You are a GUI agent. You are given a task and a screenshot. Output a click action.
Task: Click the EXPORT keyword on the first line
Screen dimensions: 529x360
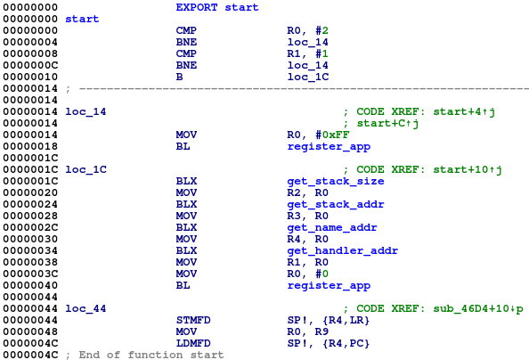click(x=197, y=7)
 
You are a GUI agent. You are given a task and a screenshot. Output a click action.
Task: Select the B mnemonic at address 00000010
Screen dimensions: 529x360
click(x=180, y=77)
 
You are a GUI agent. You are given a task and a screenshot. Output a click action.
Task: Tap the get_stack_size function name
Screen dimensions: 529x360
click(x=336, y=182)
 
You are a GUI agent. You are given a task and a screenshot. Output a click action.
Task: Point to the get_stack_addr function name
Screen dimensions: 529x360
click(x=336, y=204)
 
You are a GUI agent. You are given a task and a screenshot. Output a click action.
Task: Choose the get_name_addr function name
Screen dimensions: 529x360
click(x=332, y=227)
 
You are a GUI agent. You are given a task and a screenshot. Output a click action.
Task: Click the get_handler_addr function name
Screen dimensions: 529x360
click(x=343, y=251)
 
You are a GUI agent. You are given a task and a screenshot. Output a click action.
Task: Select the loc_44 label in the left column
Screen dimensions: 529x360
click(x=85, y=308)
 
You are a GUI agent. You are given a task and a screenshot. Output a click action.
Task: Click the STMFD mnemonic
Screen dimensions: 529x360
click(x=193, y=320)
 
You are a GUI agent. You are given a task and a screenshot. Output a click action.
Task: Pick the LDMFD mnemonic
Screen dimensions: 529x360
click(x=193, y=343)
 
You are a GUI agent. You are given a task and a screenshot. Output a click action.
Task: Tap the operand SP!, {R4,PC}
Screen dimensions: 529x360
click(x=329, y=343)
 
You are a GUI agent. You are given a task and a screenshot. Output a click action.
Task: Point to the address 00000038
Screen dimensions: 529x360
click(x=30, y=262)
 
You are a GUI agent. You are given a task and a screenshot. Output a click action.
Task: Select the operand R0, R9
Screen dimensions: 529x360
click(x=307, y=332)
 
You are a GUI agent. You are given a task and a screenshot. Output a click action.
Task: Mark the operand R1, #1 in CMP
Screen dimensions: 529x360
click(x=307, y=53)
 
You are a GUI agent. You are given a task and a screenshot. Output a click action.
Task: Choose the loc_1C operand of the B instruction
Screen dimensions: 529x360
click(x=307, y=77)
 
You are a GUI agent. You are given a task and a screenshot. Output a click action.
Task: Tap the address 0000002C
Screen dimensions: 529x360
click(x=30, y=227)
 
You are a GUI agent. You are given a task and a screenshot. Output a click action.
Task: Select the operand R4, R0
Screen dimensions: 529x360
click(x=307, y=239)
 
